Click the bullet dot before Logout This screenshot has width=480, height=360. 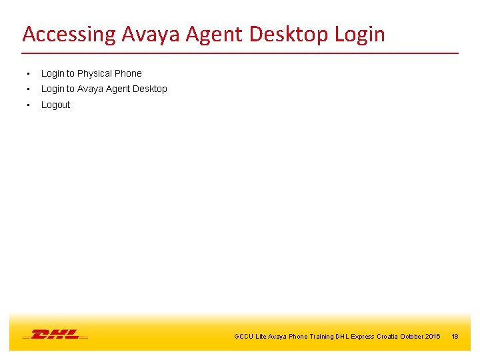(27, 105)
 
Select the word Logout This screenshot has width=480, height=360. (55, 105)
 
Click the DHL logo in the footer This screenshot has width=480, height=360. (55, 334)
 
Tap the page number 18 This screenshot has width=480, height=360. (455, 337)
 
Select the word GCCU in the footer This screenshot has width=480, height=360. (243, 337)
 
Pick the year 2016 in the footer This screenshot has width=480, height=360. (432, 337)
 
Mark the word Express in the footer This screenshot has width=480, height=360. (362, 337)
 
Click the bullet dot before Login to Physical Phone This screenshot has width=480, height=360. (27, 74)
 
